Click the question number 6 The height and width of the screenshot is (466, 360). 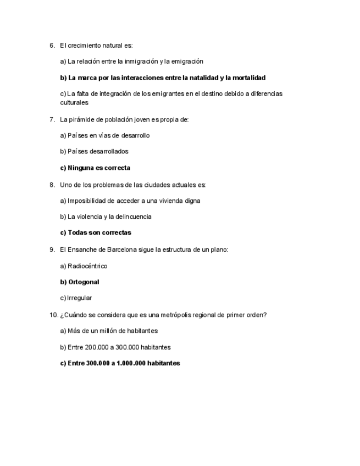pyautogui.click(x=52, y=46)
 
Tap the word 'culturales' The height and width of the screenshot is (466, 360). pyautogui.click(x=74, y=103)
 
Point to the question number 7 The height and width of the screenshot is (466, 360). pyautogui.click(x=52, y=119)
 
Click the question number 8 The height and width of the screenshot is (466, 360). pyautogui.click(x=52, y=185)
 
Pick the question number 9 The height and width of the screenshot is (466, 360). pyautogui.click(x=52, y=249)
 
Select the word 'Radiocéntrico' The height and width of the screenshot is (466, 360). pyautogui.click(x=87, y=267)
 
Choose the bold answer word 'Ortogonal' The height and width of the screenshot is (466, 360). pyautogui.click(x=84, y=282)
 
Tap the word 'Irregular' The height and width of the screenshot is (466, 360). pyautogui.click(x=79, y=298)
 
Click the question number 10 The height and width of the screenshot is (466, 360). pyautogui.click(x=53, y=315)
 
